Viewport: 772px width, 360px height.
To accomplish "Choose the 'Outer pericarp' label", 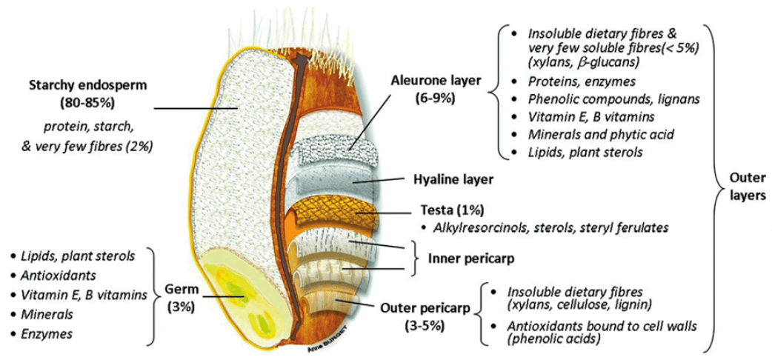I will click(x=426, y=306).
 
